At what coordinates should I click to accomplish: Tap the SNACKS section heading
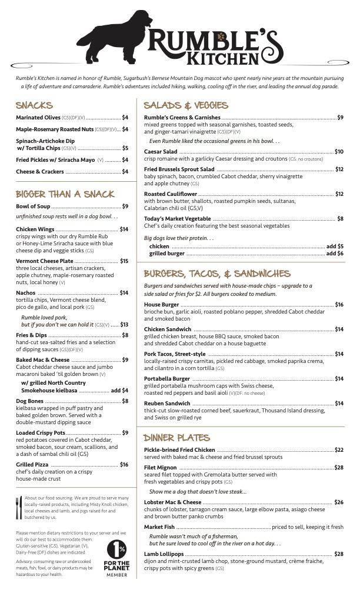click(34, 106)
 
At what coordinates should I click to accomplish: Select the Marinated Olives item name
click(38, 118)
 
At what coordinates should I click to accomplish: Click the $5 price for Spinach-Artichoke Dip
click(125, 148)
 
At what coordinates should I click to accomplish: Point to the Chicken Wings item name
click(35, 229)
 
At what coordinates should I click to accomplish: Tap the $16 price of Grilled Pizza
click(124, 465)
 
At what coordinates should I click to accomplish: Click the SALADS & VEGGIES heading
click(186, 106)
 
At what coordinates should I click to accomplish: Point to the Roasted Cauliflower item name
click(170, 194)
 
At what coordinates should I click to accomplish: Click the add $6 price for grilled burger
click(335, 254)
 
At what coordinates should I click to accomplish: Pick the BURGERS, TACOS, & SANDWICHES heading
click(217, 274)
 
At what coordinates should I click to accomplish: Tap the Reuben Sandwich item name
click(168, 404)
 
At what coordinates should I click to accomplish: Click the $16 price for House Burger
click(339, 305)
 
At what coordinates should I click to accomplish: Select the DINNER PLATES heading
click(176, 438)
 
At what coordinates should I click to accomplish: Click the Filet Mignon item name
click(162, 468)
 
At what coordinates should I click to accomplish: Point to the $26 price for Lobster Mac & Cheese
click(339, 502)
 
